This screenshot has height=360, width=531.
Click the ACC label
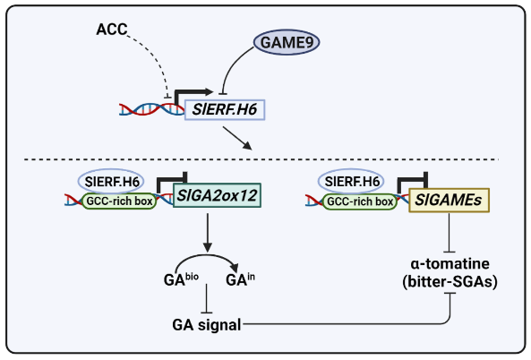coord(112,30)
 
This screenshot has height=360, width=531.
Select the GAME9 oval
coord(287,42)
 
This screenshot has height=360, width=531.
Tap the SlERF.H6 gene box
coord(225,109)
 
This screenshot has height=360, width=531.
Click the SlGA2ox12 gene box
coord(217,195)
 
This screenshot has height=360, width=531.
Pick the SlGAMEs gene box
coord(449,200)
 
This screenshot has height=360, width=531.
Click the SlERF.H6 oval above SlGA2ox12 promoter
coord(111,182)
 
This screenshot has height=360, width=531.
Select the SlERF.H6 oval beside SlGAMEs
coord(351,182)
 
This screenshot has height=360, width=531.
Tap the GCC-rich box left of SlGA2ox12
coord(119,201)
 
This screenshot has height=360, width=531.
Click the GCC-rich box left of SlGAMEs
coord(360,201)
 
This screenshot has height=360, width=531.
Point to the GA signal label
coord(207,325)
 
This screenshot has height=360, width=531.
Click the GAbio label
coord(181,279)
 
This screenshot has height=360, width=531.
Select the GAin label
coord(240,279)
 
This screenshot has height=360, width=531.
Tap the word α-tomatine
coord(450,263)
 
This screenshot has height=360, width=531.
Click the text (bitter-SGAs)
coord(450,281)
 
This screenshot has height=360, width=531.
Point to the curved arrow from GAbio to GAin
coord(207,255)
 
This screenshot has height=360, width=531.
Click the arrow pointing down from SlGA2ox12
coord(208,233)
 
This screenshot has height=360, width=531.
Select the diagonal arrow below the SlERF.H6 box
coord(237,138)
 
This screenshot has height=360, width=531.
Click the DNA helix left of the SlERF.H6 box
coord(151,109)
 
